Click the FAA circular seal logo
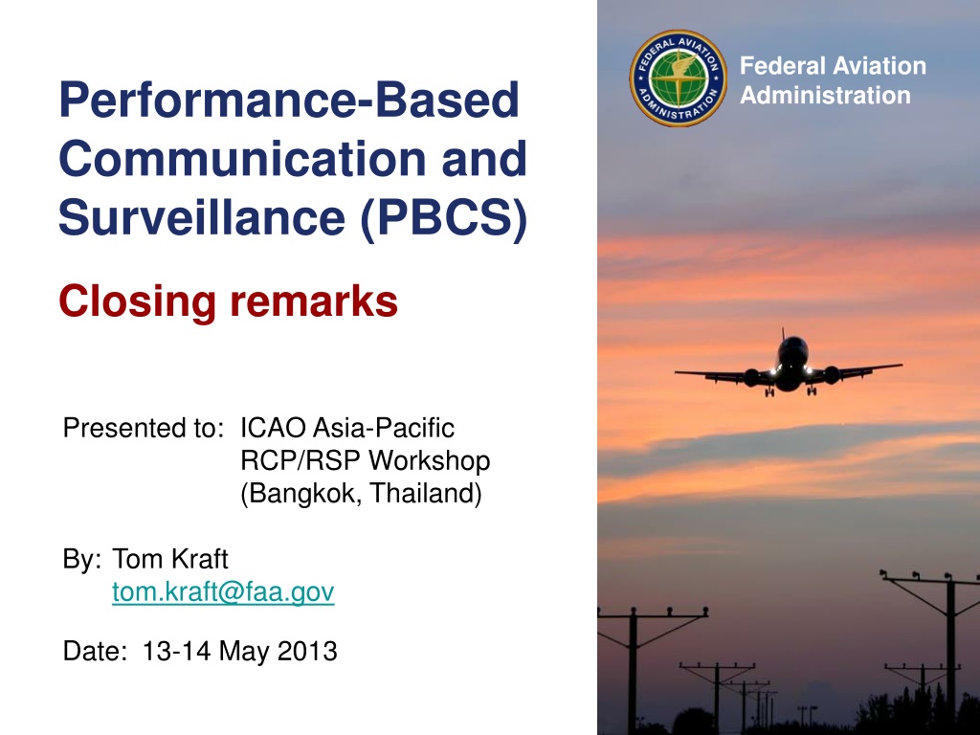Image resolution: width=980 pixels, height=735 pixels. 679,78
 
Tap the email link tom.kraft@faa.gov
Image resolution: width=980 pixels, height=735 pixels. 223,591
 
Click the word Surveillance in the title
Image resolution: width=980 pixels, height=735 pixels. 202,217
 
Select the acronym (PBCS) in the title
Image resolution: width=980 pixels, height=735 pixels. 444,218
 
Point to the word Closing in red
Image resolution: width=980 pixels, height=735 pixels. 138,301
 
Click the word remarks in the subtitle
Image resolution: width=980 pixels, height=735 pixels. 314,301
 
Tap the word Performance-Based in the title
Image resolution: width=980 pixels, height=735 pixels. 289,100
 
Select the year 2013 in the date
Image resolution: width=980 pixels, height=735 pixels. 307,651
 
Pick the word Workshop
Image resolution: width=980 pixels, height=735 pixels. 430,460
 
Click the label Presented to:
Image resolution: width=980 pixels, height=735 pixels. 144,428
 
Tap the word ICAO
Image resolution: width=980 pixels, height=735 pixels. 273,428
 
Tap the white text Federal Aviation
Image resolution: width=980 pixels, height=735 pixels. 833,66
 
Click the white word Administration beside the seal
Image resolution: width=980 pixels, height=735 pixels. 825,95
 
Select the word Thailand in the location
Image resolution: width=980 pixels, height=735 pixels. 422,493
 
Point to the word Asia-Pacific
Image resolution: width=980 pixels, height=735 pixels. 384,428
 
